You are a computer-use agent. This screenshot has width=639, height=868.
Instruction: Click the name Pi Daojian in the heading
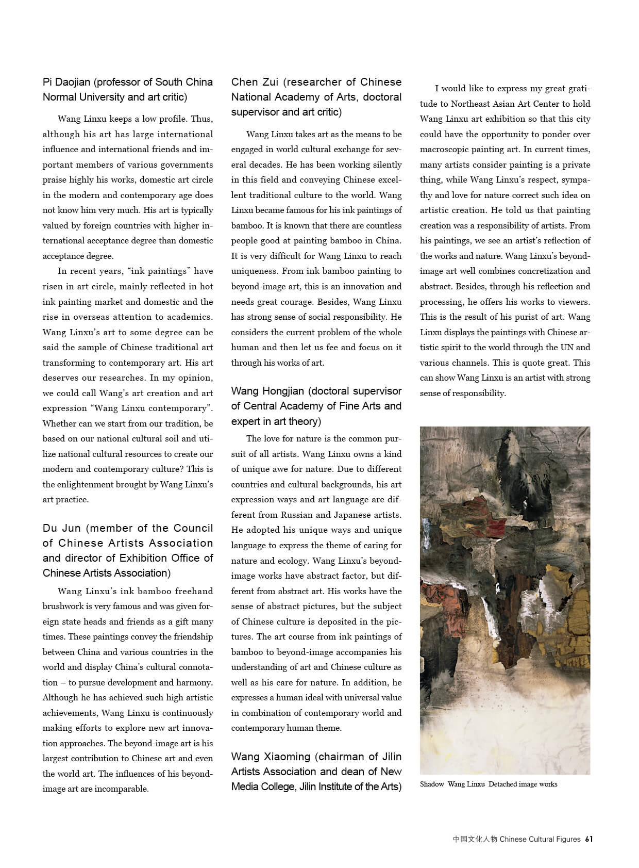click(x=66, y=82)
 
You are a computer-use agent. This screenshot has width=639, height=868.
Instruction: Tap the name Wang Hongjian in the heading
click(x=268, y=391)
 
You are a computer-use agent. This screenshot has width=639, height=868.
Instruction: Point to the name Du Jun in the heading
click(x=62, y=528)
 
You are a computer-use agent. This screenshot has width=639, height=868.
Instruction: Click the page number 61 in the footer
click(x=589, y=839)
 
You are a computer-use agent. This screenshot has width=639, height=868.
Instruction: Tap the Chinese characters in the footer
click(x=475, y=839)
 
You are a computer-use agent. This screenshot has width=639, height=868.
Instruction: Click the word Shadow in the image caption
click(x=432, y=784)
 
